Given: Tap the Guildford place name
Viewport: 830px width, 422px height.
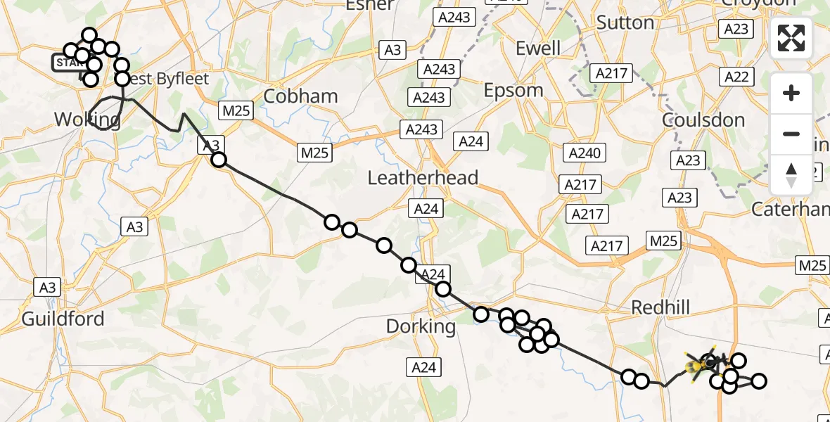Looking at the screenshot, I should (x=63, y=319).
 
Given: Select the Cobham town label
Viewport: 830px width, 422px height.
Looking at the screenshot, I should (x=302, y=96).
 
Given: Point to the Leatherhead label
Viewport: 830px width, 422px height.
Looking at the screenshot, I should (x=423, y=177).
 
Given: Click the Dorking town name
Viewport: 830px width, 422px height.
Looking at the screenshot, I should (x=421, y=326).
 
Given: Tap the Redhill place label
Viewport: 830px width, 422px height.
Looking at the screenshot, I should (x=660, y=307).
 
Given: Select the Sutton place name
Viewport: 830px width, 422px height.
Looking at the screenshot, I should (x=625, y=23).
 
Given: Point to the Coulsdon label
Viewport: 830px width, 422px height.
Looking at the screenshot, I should (x=703, y=120).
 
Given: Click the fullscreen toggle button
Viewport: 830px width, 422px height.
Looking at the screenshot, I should (x=791, y=38).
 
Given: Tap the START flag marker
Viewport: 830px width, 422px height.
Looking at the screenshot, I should (x=68, y=63).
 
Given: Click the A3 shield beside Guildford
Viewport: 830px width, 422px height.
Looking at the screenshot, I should (x=48, y=287).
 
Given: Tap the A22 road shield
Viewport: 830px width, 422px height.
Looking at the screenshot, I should (x=736, y=77).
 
